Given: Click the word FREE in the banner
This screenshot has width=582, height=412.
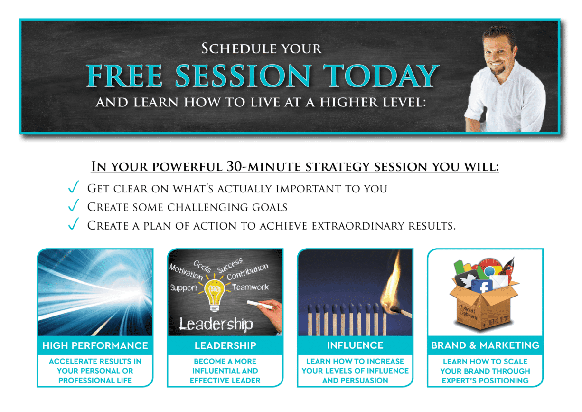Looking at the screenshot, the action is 124,76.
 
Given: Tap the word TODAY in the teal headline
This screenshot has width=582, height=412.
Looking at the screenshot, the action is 381,76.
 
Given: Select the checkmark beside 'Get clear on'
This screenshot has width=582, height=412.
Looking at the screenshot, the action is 74,187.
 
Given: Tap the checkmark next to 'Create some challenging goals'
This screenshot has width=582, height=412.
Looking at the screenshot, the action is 74,205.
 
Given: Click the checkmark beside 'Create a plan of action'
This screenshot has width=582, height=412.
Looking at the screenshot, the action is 74,224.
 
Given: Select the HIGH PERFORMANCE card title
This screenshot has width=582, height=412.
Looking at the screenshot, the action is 95,345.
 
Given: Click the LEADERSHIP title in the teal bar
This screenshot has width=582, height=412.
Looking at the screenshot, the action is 225,345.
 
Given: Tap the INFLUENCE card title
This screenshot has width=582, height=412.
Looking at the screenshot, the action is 355,345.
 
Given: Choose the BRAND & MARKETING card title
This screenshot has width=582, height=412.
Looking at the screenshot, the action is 485,345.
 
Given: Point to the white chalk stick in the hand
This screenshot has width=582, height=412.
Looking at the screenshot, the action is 260,305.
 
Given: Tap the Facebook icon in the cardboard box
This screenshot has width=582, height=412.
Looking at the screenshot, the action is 482,287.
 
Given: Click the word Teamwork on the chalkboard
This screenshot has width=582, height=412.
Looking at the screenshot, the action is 251,287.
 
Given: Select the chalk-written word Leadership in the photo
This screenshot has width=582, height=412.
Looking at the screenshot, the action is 216,324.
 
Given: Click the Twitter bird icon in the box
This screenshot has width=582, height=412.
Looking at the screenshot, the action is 466,279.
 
